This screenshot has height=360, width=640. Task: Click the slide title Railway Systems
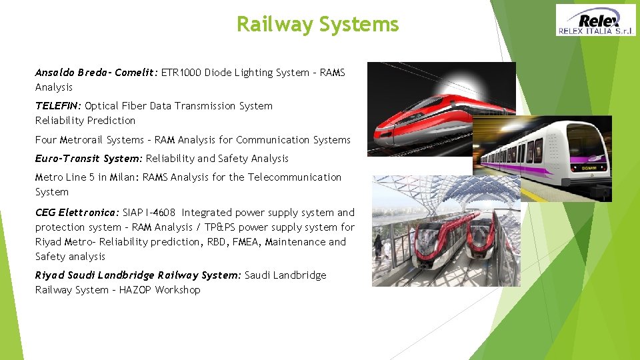coord(317,25)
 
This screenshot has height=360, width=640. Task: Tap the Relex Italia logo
coord(596,20)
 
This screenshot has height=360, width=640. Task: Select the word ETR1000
coord(181,73)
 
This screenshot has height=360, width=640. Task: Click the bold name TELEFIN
coord(59,106)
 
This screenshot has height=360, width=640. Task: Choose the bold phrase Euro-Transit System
coord(89,159)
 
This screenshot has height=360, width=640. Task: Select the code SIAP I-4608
coord(149,213)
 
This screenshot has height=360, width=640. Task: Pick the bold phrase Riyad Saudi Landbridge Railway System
coord(138,275)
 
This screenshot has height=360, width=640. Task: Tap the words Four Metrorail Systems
coord(89,140)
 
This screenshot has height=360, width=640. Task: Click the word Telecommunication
coord(295,177)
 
